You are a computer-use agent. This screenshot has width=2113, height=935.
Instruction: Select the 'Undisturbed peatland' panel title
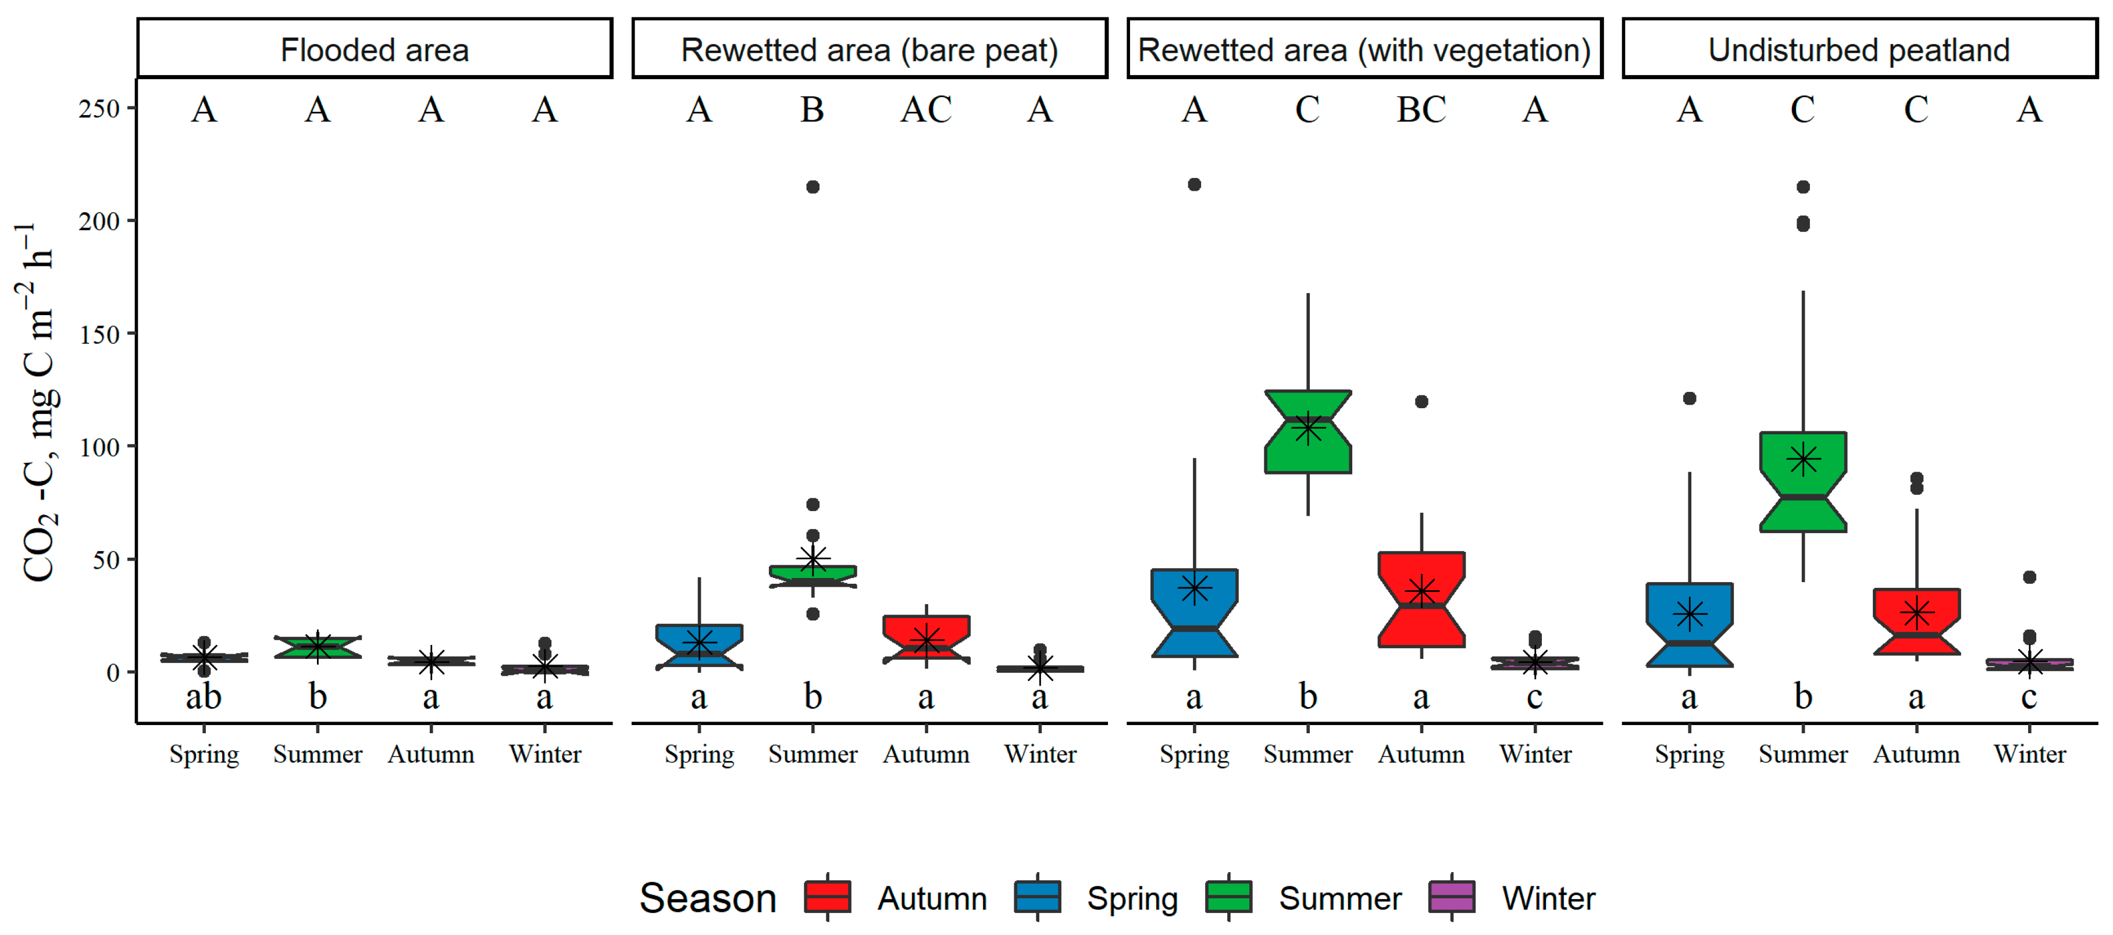(x=1859, y=50)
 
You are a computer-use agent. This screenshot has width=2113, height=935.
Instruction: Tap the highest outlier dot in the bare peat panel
(x=812, y=187)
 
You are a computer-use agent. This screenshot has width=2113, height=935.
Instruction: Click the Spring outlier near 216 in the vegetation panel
(x=1194, y=184)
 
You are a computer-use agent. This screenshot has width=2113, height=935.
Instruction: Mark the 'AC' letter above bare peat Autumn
(x=926, y=110)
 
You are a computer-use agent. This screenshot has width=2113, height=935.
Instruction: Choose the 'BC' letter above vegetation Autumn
(x=1421, y=110)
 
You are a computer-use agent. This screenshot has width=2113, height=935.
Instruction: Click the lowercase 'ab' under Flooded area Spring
(x=204, y=697)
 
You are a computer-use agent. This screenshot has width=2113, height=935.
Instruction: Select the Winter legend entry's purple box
(x=1451, y=897)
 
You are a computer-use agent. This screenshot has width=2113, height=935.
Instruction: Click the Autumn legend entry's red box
(x=828, y=897)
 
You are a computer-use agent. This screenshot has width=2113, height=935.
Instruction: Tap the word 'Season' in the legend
(x=707, y=898)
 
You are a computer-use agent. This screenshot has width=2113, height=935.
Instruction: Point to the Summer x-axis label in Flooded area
(x=318, y=754)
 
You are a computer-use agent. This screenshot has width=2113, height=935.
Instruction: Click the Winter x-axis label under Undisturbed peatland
(x=2029, y=754)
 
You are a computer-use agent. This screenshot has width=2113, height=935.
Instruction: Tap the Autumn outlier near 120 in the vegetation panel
(x=1421, y=402)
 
